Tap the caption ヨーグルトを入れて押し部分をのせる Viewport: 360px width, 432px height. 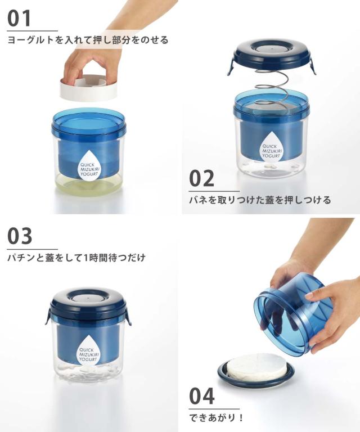tap(87, 40)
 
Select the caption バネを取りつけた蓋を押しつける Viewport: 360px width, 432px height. tap(259, 200)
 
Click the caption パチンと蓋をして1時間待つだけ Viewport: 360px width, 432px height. tap(76, 258)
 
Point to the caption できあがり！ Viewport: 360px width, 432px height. tap(216, 418)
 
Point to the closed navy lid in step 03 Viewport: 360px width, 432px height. tap(88, 304)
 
